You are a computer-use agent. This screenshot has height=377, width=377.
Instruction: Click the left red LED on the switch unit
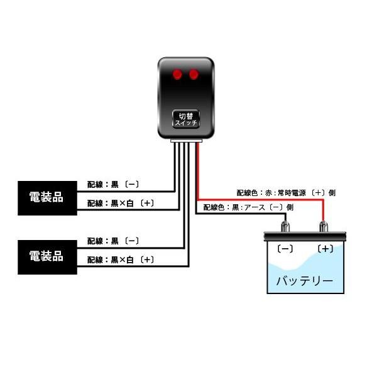point(178,75)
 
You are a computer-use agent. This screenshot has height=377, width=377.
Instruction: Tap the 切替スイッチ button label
point(186,119)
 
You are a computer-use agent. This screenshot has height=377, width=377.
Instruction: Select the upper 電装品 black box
point(46,197)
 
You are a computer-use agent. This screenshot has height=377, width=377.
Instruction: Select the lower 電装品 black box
point(46,256)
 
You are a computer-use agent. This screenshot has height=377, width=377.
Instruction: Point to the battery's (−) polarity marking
point(285,249)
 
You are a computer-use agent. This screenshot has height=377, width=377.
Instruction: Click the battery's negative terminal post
point(286,227)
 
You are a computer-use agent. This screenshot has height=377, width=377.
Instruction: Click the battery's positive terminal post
point(325,227)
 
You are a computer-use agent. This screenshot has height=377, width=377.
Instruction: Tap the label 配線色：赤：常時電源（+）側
point(280,193)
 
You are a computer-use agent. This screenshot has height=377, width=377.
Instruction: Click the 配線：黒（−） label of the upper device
point(113,185)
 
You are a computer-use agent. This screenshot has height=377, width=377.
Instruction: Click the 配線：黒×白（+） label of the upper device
point(120,203)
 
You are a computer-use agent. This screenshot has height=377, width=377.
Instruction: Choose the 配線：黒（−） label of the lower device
point(113,241)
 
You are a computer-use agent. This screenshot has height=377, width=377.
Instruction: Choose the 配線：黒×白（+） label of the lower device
point(120,259)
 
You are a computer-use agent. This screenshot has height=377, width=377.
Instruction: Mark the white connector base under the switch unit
point(187,142)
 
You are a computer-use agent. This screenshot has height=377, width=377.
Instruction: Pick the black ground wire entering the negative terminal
point(239,214)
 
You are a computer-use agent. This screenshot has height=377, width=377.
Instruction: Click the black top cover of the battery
point(305,237)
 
